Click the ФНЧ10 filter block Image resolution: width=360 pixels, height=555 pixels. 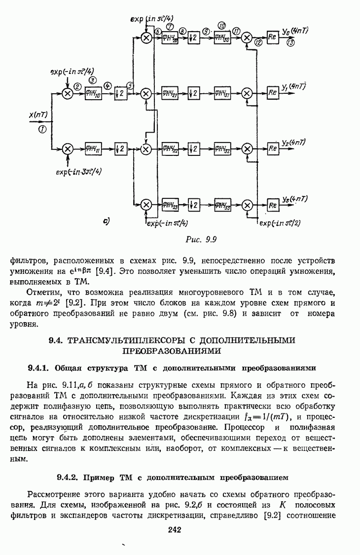(x=93, y=93)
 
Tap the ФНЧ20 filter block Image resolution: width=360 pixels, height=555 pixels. (x=171, y=38)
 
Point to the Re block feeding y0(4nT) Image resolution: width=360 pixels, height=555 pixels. (x=273, y=37)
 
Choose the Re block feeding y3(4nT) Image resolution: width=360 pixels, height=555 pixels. (x=273, y=205)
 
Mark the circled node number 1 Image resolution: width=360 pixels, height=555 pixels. (x=42, y=129)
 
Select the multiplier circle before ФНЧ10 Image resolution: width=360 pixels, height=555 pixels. (x=68, y=93)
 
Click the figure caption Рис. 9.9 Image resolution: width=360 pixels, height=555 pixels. (x=201, y=240)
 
